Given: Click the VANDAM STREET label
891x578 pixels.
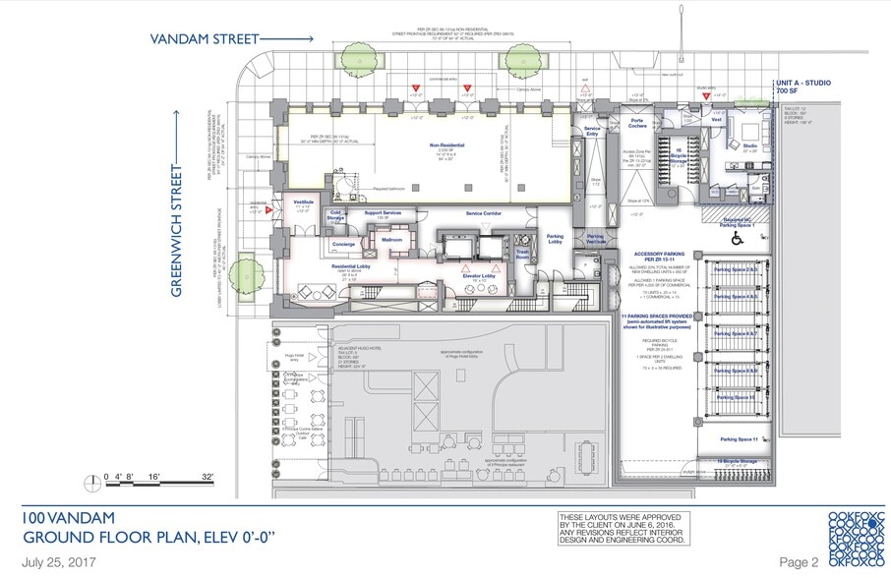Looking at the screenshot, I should pos(204,39).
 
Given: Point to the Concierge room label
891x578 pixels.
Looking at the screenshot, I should pos(343,245).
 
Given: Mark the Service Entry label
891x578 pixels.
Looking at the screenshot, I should pos(592,131).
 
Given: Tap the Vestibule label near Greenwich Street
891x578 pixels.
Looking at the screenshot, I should pos(302,200).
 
